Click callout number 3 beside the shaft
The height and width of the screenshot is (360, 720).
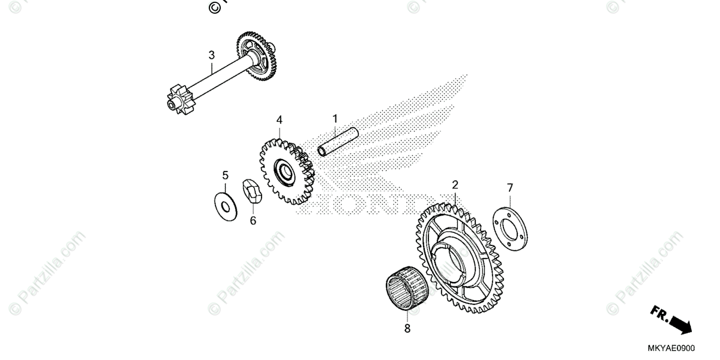211,56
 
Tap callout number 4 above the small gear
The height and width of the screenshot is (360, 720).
279,120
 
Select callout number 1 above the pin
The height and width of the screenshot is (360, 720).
335,118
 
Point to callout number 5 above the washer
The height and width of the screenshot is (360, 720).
225,175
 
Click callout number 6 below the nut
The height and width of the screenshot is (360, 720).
253,221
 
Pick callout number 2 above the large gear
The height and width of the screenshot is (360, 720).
455,184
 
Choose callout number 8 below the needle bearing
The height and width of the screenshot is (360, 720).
407,328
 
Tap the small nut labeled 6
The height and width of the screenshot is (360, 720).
252,193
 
